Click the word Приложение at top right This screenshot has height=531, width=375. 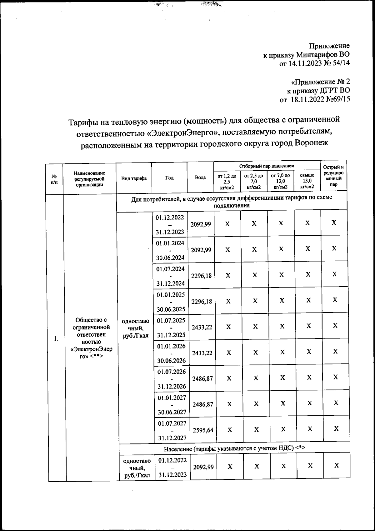pos(329,46)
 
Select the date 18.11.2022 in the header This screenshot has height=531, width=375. pos(306,100)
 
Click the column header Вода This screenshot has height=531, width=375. pos(200,178)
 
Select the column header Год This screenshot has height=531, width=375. pos(169,178)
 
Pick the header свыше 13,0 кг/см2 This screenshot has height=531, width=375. pos(307,181)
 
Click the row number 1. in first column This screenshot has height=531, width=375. pos(56,339)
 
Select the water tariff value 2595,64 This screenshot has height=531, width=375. pos(203,430)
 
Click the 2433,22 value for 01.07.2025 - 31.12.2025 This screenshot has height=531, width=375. pos(202,327)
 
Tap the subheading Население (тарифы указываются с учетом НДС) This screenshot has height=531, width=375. pos(234,448)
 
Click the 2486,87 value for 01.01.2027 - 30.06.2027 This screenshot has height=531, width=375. pos(203,404)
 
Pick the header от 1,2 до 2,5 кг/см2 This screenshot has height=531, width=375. pos(227,181)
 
